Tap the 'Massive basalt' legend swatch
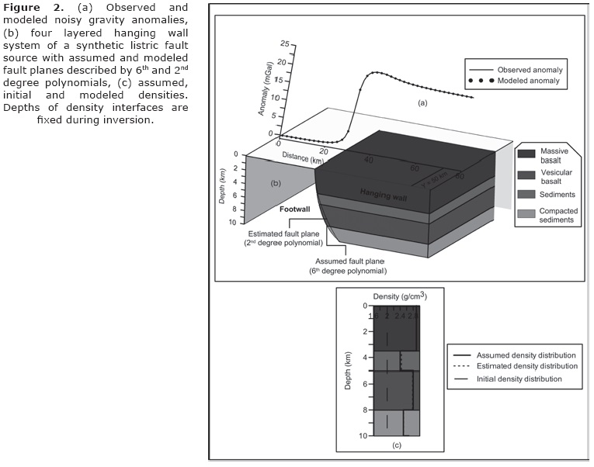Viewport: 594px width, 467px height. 525,155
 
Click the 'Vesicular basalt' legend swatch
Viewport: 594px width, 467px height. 525,175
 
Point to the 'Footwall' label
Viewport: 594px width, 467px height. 296,209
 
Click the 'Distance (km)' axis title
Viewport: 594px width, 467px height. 302,157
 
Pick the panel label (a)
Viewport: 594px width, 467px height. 422,102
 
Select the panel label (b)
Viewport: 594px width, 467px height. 274,183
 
